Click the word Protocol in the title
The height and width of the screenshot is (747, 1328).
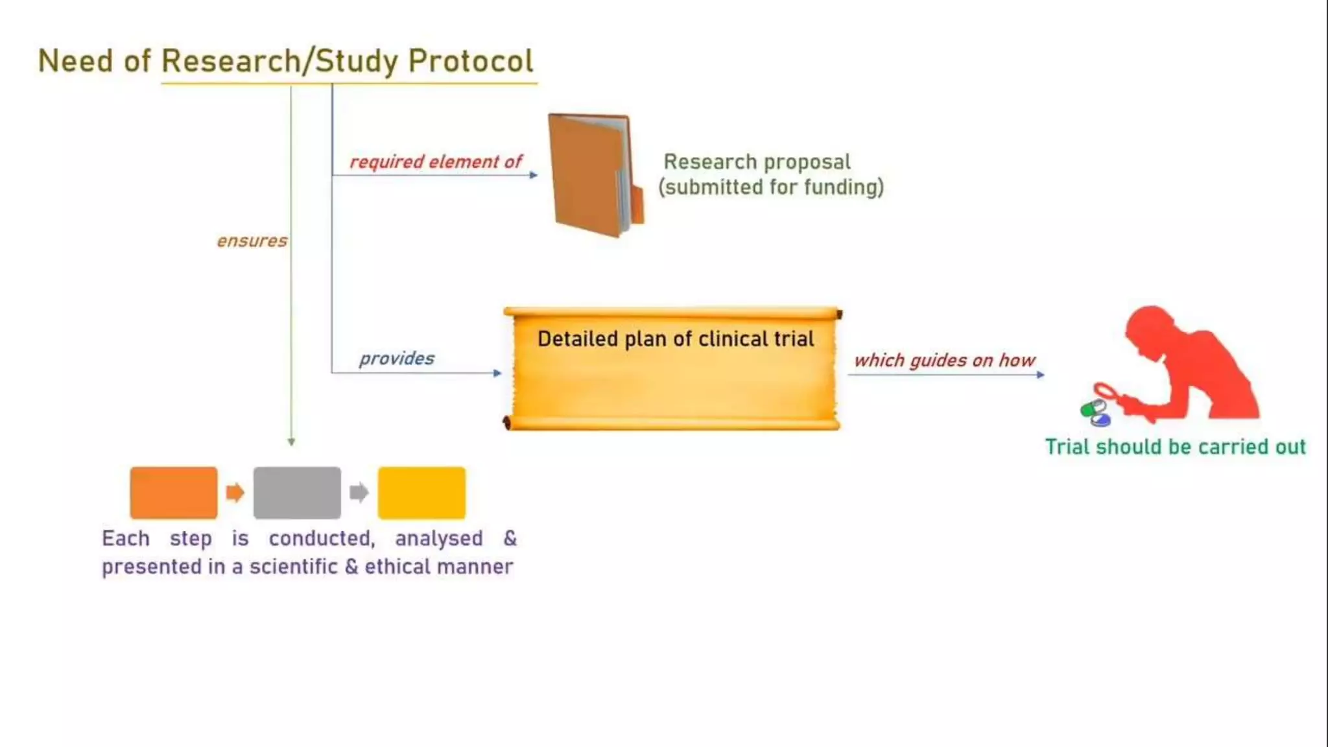pos(470,62)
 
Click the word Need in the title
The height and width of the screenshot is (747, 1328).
pos(75,62)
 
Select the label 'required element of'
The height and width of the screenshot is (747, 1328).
pos(435,161)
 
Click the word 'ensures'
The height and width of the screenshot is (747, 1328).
pos(252,241)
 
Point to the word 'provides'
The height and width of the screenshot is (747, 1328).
pos(396,359)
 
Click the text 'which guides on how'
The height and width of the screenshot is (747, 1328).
pos(944,361)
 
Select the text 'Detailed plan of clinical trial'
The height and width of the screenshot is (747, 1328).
pos(675,339)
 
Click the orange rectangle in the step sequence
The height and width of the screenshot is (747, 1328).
pos(173,493)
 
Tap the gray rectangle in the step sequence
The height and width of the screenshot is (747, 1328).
pos(297,493)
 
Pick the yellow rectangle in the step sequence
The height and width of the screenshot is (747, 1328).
pos(421,493)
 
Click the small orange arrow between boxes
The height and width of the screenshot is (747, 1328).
pos(235,493)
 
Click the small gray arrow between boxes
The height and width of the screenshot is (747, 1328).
pos(359,493)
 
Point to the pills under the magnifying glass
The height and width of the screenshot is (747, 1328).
pos(1095,413)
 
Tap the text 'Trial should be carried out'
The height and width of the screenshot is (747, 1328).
pos(1175,447)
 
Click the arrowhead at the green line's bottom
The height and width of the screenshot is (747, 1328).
pos(291,442)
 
